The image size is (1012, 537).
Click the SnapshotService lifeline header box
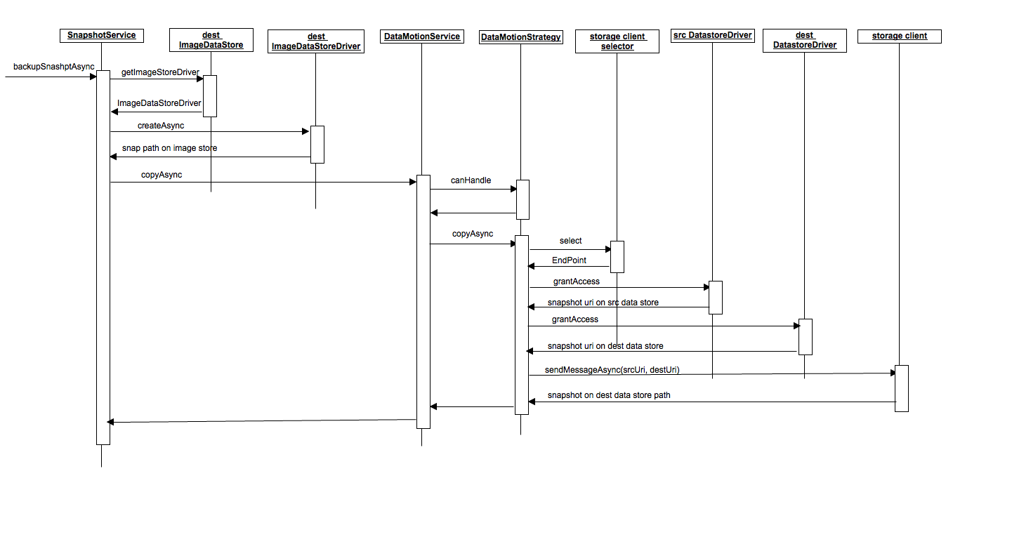click(x=102, y=36)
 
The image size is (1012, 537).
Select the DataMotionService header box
click(x=422, y=37)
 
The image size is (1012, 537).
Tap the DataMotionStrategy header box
click(x=521, y=37)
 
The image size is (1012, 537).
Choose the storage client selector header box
click(x=617, y=41)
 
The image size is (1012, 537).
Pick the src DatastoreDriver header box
click(x=712, y=36)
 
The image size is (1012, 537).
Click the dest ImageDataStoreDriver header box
click(x=316, y=41)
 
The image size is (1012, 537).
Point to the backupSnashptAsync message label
click(x=54, y=67)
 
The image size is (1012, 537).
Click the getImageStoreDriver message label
click(x=160, y=72)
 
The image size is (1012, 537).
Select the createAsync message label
click(x=161, y=126)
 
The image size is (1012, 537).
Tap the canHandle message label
click(x=471, y=180)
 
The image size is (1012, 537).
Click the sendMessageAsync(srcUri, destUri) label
click(x=612, y=370)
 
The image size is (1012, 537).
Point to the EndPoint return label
click(x=569, y=260)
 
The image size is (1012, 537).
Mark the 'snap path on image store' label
click(x=169, y=148)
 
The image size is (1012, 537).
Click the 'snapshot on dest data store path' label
click(x=609, y=395)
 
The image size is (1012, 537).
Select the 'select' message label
click(x=570, y=241)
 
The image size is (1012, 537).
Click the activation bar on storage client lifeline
click(x=902, y=388)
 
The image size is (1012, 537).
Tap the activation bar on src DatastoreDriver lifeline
click(x=716, y=298)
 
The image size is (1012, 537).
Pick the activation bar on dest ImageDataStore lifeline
click(x=210, y=96)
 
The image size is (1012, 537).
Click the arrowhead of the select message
click(x=608, y=249)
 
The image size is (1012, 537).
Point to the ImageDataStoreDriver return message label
click(x=159, y=103)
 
